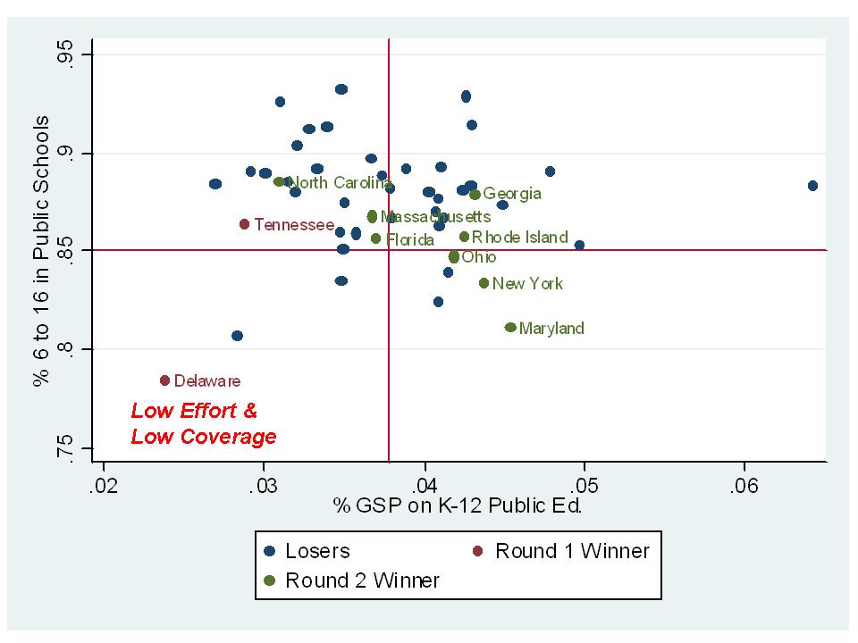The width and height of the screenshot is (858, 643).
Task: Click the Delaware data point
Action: (164, 380)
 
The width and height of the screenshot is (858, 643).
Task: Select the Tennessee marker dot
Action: (244, 224)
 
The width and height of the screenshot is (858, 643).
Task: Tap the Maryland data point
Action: (510, 328)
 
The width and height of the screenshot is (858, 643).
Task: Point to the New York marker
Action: (484, 283)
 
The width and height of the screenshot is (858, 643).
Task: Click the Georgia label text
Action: (512, 194)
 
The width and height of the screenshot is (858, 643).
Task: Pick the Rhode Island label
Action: (519, 237)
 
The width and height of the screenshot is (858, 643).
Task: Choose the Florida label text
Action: (409, 239)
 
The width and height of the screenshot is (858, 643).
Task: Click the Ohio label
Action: (478, 257)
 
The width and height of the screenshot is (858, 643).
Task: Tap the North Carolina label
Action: (339, 183)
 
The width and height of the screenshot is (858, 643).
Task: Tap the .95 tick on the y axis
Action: (66, 55)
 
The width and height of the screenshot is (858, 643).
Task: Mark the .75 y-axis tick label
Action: (66, 447)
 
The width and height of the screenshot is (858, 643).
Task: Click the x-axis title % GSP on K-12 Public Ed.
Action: (458, 507)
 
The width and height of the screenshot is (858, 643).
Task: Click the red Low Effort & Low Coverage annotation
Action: (203, 424)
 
